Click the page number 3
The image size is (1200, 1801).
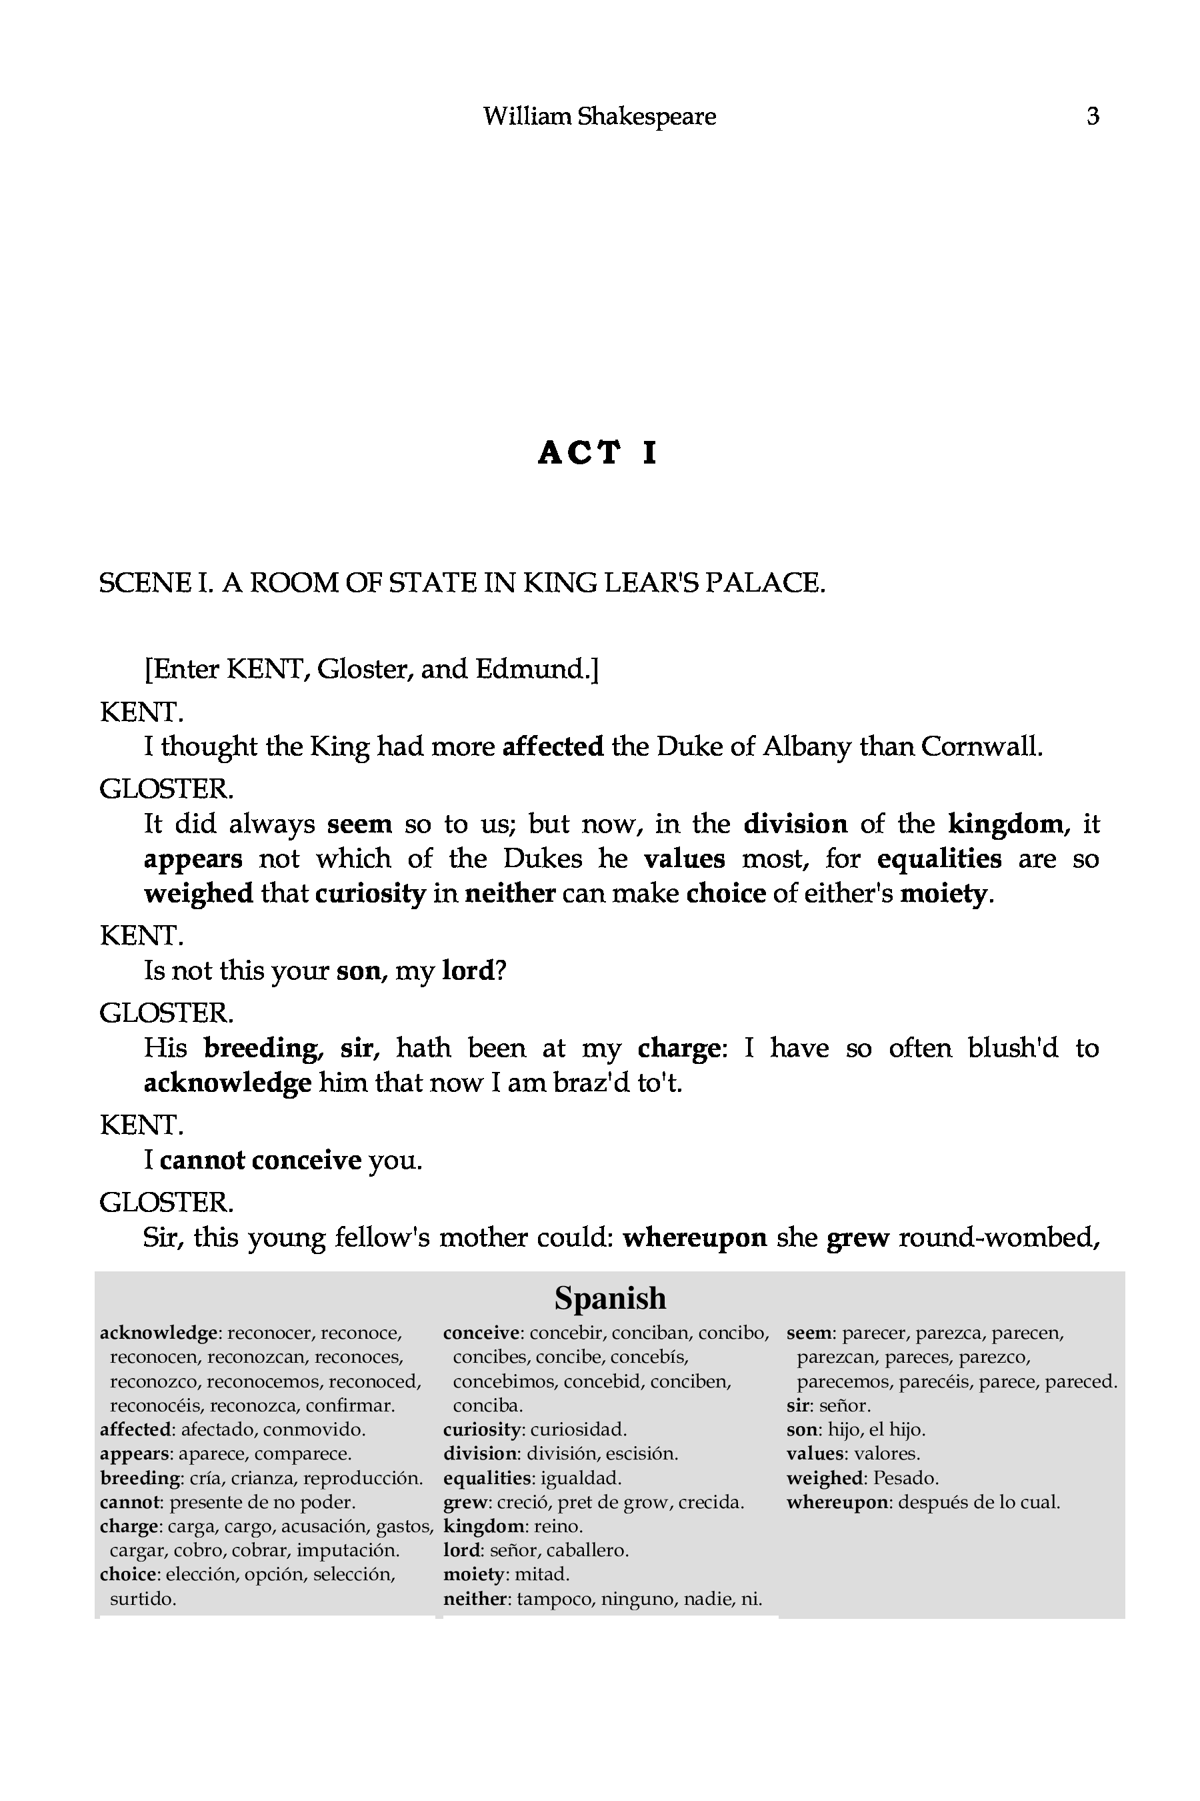point(1092,116)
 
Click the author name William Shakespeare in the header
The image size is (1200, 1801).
point(599,116)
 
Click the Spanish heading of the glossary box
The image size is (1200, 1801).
point(610,1298)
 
